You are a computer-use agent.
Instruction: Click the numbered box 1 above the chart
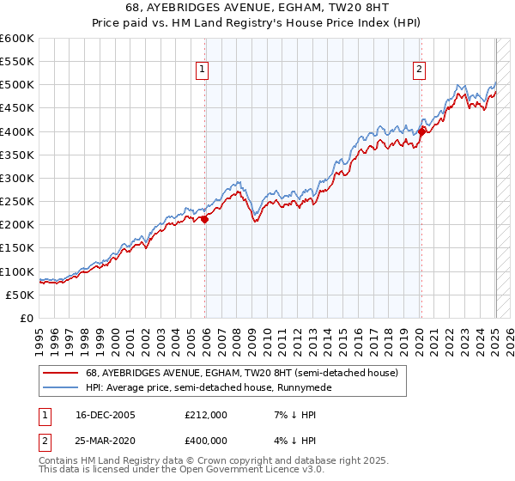pyautogui.click(x=202, y=70)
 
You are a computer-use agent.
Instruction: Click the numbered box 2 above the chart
pyautogui.click(x=419, y=70)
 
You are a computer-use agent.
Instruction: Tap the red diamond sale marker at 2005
pyautogui.click(x=205, y=219)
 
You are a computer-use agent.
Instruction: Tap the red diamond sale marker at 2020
pyautogui.click(x=422, y=131)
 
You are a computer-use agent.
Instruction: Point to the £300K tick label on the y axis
pyautogui.click(x=17, y=178)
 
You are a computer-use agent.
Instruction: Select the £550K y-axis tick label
pyautogui.click(x=17, y=62)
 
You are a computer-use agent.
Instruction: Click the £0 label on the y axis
pyautogui.click(x=27, y=318)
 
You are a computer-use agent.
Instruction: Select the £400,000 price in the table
pyautogui.click(x=205, y=440)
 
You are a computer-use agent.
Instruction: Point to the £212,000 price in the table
pyautogui.click(x=205, y=415)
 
